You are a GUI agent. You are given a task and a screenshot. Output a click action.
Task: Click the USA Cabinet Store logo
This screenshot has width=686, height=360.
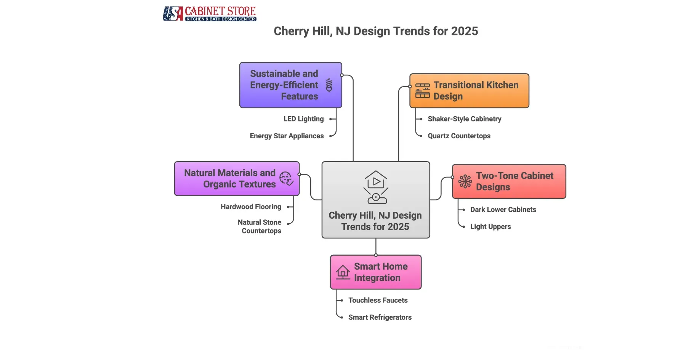[209, 13]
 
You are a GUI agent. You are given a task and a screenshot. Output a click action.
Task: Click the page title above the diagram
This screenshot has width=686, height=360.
[376, 31]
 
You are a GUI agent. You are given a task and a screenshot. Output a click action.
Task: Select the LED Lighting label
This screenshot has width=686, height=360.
[303, 119]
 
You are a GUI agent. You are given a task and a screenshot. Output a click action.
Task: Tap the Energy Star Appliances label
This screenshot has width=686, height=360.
[287, 136]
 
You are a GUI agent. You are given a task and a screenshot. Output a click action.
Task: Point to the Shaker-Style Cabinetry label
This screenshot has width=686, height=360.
[464, 119]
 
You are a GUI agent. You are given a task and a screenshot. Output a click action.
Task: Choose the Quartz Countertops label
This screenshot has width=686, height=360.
[459, 136]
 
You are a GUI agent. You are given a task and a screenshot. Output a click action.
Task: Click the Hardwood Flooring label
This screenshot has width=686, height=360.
[251, 207]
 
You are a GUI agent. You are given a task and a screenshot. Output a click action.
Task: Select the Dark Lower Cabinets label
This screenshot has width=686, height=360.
[503, 210]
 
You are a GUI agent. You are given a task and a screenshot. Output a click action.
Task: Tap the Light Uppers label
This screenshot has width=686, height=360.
[490, 227]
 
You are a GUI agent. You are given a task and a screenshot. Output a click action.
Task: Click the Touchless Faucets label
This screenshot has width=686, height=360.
[378, 300]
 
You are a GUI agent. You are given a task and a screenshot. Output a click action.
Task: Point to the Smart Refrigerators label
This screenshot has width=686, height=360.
[380, 317]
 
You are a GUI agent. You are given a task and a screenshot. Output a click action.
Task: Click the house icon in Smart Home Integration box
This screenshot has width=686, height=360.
[343, 272]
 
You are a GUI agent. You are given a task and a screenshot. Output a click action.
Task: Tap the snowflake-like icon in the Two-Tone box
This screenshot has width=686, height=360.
[465, 182]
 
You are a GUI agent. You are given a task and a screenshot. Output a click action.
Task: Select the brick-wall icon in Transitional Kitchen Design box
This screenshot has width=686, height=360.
[422, 91]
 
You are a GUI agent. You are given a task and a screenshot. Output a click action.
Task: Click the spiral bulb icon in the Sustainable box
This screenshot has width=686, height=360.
[329, 85]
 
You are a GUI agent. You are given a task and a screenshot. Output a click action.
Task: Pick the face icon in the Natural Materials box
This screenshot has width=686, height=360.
[286, 178]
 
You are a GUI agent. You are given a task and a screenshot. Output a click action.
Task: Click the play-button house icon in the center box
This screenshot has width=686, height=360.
[376, 187]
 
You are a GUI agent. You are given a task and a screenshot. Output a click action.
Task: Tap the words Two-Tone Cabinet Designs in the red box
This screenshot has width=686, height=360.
[514, 181]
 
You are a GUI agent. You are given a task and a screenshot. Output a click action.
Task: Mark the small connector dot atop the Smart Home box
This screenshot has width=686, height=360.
[376, 255]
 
